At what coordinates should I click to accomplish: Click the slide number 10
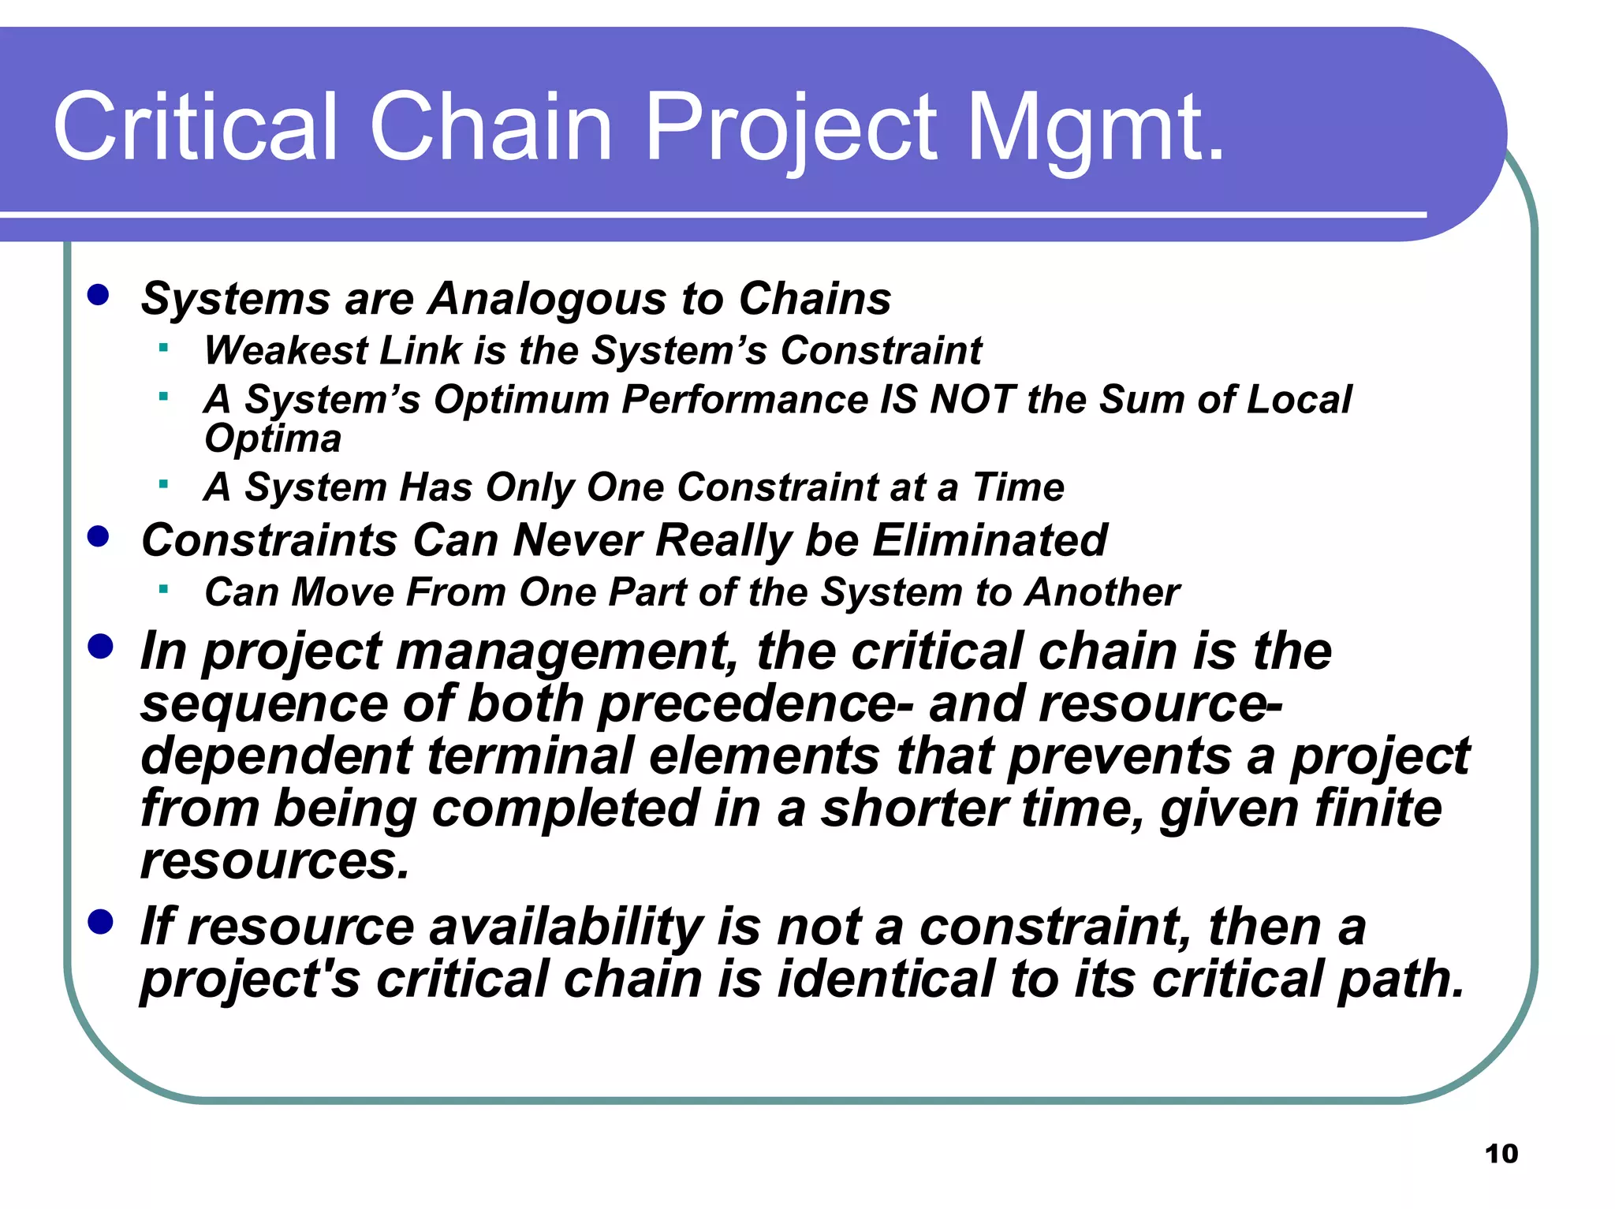[1501, 1154]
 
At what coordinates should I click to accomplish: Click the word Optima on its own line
[272, 438]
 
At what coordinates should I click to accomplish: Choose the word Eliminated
[989, 541]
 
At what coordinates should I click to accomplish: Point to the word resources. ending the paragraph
[275, 860]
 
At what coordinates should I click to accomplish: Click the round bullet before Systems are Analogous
[99, 296]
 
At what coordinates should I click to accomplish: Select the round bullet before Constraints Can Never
[99, 537]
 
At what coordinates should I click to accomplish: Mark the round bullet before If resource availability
[100, 921]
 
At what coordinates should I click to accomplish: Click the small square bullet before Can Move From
[163, 588]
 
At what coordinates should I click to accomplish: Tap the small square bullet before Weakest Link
[163, 347]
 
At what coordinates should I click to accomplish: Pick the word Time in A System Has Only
[1018, 487]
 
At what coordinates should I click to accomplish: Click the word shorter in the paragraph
[914, 809]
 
